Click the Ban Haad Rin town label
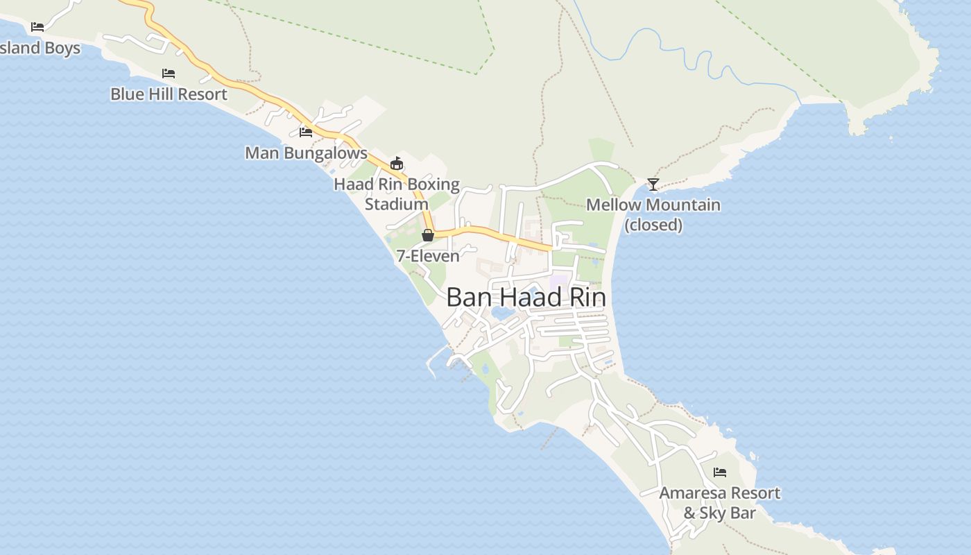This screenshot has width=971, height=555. (x=526, y=298)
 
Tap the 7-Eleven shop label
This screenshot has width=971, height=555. (x=428, y=256)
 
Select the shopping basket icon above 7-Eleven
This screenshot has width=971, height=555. (x=428, y=235)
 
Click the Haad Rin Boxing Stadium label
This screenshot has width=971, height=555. (x=397, y=194)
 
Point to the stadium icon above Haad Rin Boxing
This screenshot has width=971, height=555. (x=396, y=164)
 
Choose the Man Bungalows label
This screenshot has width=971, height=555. (x=306, y=153)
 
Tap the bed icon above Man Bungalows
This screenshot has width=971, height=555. (x=306, y=132)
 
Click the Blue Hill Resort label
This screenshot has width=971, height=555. (x=169, y=94)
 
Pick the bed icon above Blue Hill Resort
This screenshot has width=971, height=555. (x=169, y=73)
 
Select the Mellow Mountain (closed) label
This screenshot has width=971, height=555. (x=653, y=214)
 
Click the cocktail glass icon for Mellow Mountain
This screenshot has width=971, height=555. (x=653, y=184)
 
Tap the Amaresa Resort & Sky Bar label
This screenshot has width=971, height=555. (x=719, y=503)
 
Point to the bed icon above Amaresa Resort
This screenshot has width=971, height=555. (x=720, y=472)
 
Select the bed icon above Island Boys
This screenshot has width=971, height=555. (x=37, y=27)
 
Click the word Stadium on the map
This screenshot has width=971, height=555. (x=397, y=205)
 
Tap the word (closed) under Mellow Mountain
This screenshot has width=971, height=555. (x=653, y=225)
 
